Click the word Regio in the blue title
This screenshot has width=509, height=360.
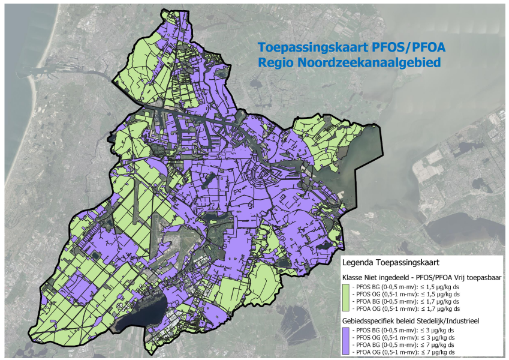click(274, 62)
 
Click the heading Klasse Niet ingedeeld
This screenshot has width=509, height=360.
click(379, 278)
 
